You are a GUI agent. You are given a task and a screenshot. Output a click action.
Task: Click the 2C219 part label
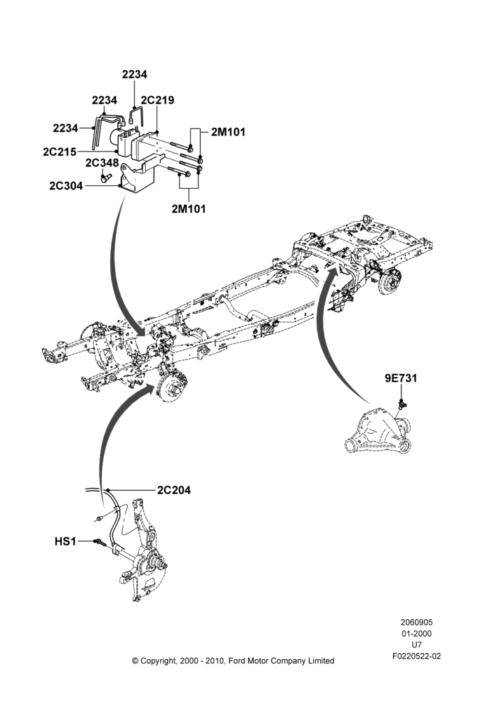(157, 100)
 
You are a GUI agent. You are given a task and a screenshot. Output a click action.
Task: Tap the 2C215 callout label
(60, 152)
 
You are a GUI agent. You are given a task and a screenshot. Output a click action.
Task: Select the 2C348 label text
(102, 163)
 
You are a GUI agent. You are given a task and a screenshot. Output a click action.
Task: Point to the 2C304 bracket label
(66, 185)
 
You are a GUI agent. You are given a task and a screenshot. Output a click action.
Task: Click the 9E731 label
(401, 378)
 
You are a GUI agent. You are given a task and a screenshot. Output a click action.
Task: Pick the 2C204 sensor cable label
(173, 490)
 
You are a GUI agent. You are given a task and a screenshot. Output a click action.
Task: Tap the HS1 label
(65, 542)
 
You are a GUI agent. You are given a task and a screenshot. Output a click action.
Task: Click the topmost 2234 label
(134, 74)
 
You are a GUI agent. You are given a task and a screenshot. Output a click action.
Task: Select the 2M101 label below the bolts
(189, 208)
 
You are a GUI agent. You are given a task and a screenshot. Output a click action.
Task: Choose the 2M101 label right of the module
(228, 132)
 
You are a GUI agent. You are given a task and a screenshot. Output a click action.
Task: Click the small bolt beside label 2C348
(106, 178)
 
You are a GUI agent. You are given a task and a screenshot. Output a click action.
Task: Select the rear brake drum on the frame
(389, 280)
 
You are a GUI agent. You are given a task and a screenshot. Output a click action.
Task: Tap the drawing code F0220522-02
(417, 656)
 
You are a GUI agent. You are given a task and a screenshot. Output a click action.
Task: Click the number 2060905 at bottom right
(416, 622)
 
